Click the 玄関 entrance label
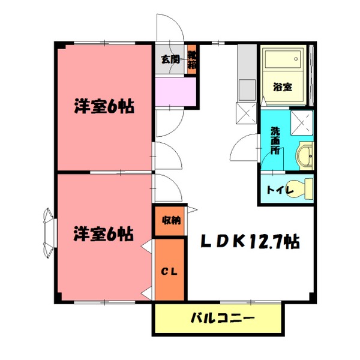170,59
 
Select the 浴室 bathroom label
283,86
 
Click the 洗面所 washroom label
275,140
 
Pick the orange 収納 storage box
170,220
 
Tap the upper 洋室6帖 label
103,107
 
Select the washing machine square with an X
302,122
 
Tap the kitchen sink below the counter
245,90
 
